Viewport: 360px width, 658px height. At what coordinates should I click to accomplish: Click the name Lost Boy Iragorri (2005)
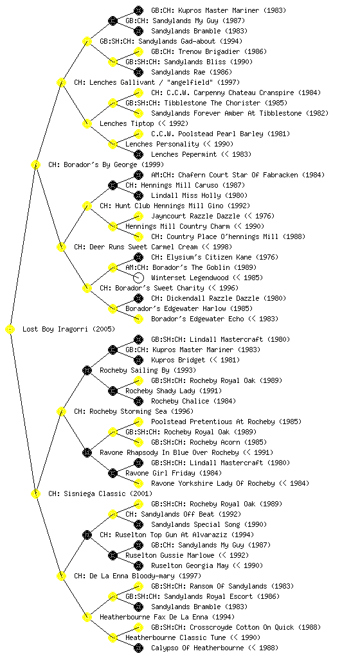(x=69, y=329)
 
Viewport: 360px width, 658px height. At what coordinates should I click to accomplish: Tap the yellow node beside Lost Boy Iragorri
(x=10, y=330)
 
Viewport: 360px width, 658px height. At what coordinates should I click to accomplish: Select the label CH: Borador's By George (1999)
(x=106, y=164)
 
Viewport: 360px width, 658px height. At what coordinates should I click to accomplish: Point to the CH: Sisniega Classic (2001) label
(x=100, y=493)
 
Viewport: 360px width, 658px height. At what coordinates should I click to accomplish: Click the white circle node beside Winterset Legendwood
(x=138, y=278)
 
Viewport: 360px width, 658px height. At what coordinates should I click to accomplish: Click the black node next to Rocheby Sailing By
(x=87, y=370)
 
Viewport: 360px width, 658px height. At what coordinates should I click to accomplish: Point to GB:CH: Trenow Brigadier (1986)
(x=209, y=51)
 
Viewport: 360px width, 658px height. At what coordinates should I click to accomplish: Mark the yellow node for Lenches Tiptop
(x=87, y=123)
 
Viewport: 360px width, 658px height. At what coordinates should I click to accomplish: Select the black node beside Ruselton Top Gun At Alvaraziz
(x=87, y=535)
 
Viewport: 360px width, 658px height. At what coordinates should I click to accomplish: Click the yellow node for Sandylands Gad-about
(x=87, y=41)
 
